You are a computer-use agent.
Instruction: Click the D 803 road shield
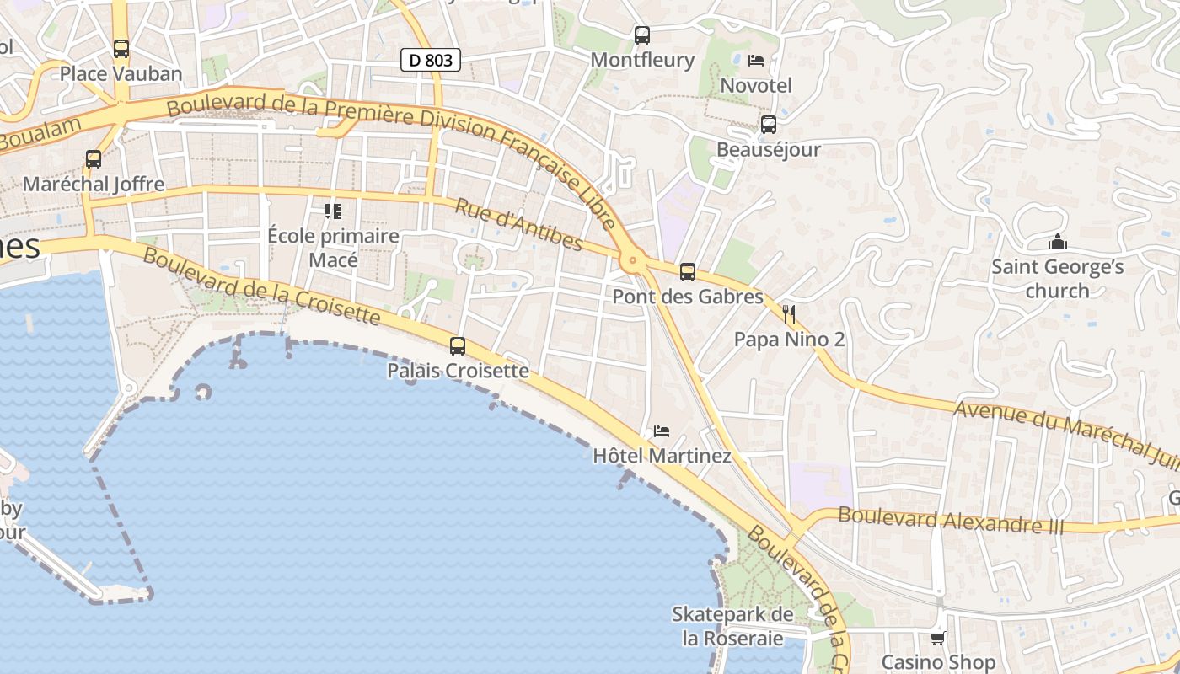pyautogui.click(x=430, y=60)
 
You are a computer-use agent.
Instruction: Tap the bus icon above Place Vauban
pyautogui.click(x=121, y=49)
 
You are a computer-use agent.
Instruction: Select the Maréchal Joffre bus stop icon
pyautogui.click(x=94, y=158)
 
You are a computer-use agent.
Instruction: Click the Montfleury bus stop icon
pyautogui.click(x=642, y=35)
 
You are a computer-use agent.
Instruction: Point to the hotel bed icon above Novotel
pyautogui.click(x=756, y=61)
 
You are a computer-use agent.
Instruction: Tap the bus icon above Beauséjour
pyautogui.click(x=769, y=125)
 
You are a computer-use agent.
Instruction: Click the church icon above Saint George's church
pyautogui.click(x=1058, y=243)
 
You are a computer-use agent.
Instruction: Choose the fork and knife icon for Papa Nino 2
pyautogui.click(x=789, y=314)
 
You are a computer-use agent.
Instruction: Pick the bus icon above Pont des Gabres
pyautogui.click(x=688, y=272)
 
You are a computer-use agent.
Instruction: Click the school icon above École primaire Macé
pyautogui.click(x=333, y=211)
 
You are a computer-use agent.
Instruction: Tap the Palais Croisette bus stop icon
pyautogui.click(x=458, y=345)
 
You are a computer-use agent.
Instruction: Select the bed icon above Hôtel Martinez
pyautogui.click(x=662, y=431)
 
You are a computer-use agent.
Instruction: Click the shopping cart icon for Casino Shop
pyautogui.click(x=938, y=638)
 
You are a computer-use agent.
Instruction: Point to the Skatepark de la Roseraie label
pyautogui.click(x=732, y=626)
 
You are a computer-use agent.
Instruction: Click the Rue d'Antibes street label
pyautogui.click(x=519, y=225)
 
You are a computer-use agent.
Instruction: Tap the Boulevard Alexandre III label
pyautogui.click(x=952, y=522)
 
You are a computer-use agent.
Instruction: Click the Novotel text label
pyautogui.click(x=756, y=86)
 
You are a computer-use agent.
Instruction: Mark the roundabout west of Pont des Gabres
pyautogui.click(x=633, y=262)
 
